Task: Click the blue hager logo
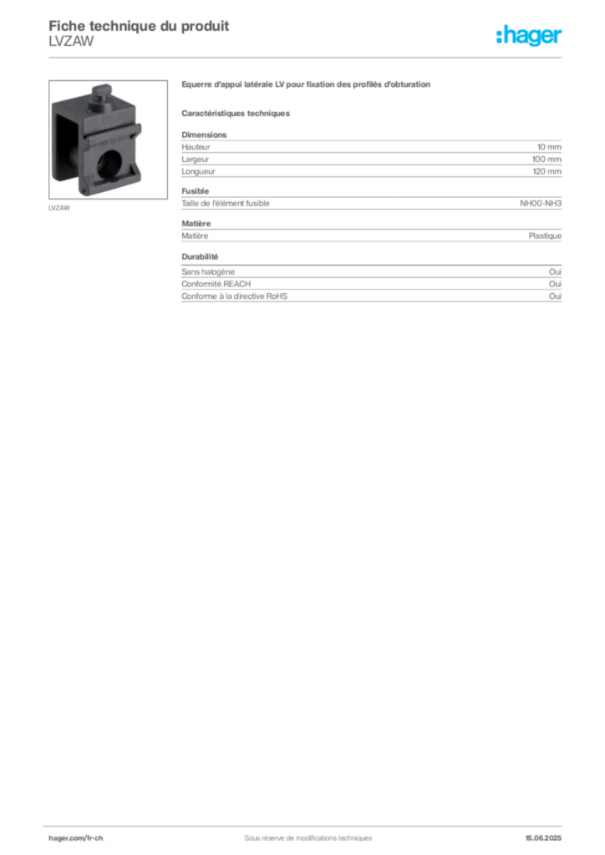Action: point(531,36)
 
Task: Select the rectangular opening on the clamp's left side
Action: point(67,146)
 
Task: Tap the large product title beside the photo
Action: point(307,87)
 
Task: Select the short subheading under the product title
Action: point(237,113)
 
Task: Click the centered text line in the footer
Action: point(302,832)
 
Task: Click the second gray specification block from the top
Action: point(370,203)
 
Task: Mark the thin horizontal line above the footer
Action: point(308,822)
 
